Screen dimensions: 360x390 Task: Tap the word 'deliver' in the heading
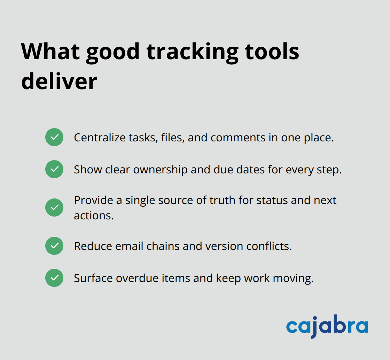[x=59, y=82]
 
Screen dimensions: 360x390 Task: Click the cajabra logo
[x=327, y=327]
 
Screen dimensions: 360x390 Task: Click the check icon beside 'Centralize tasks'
[x=54, y=137]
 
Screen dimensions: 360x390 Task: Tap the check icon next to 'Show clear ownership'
[x=54, y=169]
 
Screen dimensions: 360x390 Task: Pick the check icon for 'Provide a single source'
[x=54, y=208]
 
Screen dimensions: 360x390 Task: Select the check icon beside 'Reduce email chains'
[x=54, y=246]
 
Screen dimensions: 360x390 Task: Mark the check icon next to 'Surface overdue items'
[x=54, y=278]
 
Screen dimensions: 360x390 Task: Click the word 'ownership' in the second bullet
[x=160, y=170]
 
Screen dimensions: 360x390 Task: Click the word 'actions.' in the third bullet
[x=94, y=216]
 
